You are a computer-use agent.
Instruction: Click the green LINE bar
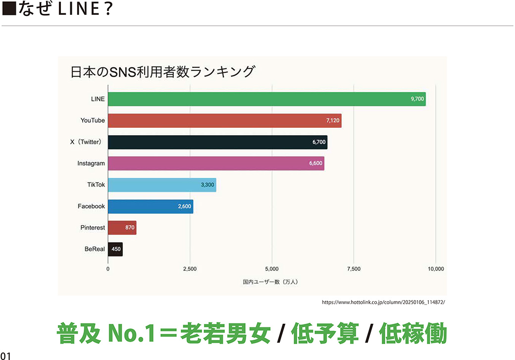[x=266, y=99]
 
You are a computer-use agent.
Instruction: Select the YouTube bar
[x=224, y=120]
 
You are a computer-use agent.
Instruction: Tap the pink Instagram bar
[x=216, y=163]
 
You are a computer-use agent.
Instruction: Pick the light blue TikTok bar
[x=162, y=185]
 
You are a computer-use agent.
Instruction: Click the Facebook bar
[x=151, y=206]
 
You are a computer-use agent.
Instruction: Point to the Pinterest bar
[x=122, y=228]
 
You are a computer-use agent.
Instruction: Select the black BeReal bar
[x=115, y=249]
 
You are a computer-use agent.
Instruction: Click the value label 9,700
[x=417, y=99]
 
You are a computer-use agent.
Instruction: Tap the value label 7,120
[x=333, y=120]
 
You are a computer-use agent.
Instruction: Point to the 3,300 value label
[x=207, y=185]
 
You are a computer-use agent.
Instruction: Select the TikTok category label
[x=96, y=185]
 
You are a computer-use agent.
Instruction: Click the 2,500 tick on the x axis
[x=190, y=269]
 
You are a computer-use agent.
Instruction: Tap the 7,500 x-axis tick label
[x=354, y=269]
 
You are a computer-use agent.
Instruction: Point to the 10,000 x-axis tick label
[x=435, y=269]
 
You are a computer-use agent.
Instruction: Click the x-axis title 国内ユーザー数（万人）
[x=270, y=282]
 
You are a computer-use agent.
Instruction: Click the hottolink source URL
[x=384, y=302]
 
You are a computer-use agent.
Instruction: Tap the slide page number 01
[x=5, y=355]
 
